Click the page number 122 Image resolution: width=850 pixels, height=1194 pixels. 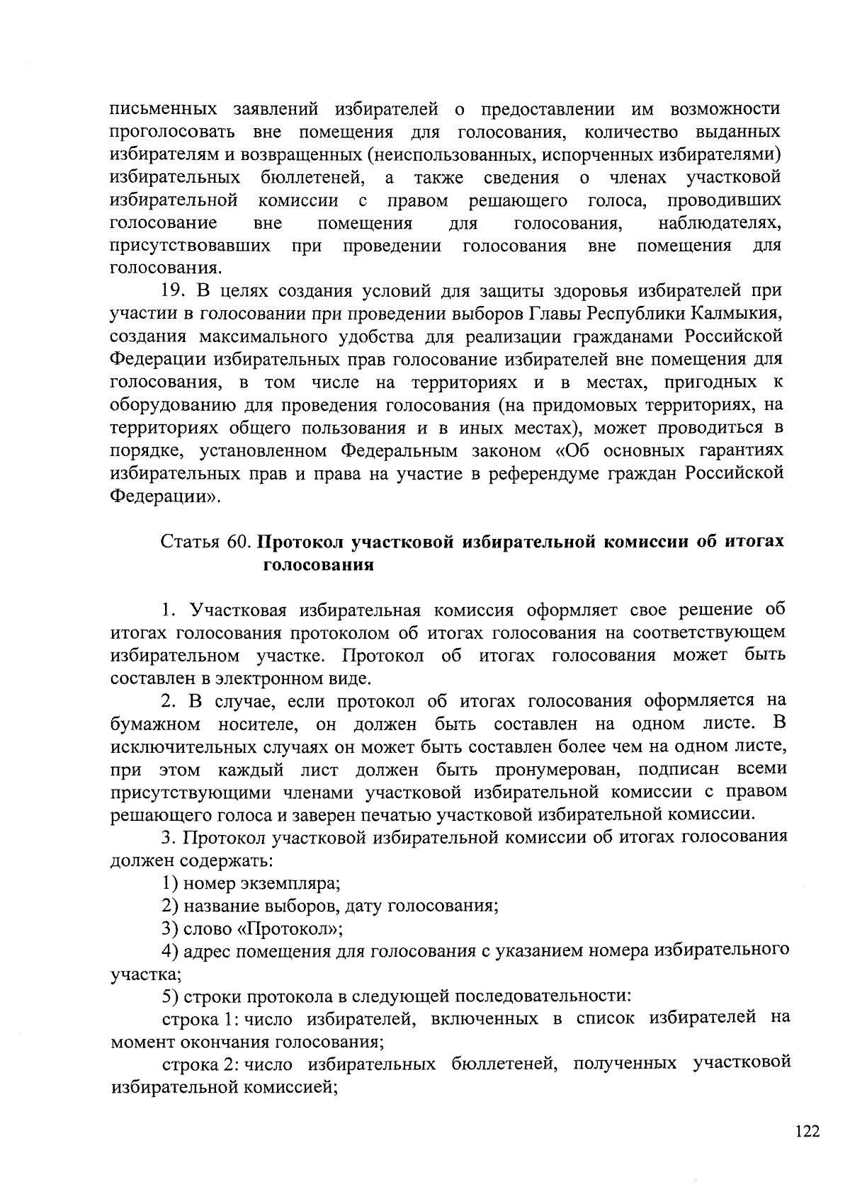[807, 1131]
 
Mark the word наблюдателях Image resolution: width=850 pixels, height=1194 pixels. [720, 224]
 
